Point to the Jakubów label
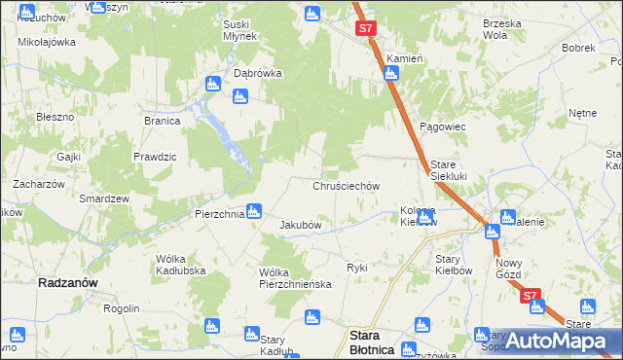point(301,225)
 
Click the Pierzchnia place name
point(218,214)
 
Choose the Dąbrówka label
point(258,73)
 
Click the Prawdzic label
point(155,157)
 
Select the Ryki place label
point(357,267)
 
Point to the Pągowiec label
point(444,127)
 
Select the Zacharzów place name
point(38,184)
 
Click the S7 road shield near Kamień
point(365,29)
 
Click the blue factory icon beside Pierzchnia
point(254,209)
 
